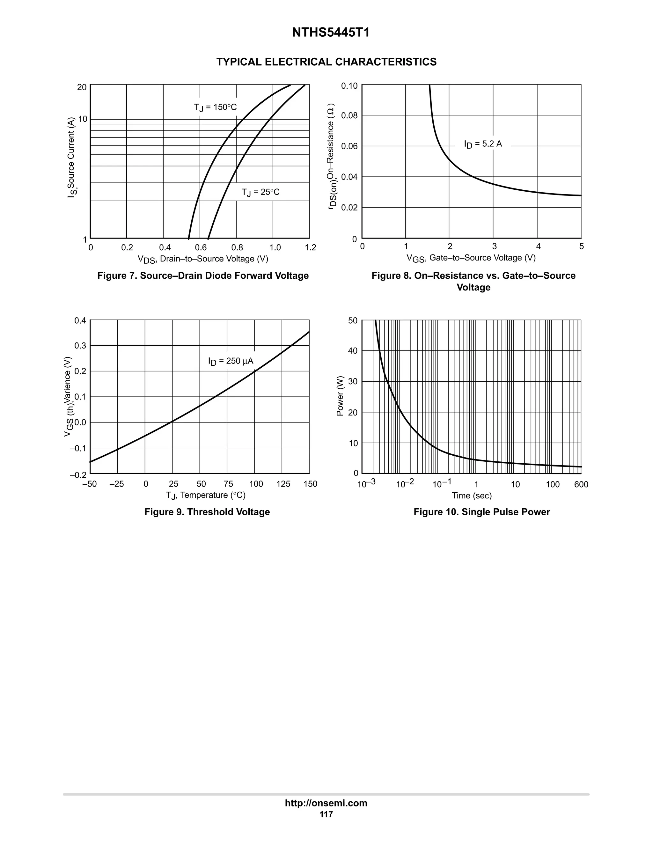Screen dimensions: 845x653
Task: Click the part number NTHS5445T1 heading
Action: click(330, 33)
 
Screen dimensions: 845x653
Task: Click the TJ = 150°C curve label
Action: click(215, 107)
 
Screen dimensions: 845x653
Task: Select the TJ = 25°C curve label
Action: click(260, 192)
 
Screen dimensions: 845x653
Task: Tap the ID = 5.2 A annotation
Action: click(483, 144)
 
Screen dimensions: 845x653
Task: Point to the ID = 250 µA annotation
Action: click(231, 361)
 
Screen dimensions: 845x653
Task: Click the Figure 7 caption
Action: click(203, 276)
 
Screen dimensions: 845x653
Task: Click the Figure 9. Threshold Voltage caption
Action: click(207, 512)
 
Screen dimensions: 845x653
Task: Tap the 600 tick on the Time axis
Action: click(581, 484)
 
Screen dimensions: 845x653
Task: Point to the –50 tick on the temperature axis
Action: click(90, 484)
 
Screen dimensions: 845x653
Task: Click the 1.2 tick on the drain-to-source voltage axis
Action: click(310, 248)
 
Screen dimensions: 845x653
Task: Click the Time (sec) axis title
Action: click(472, 496)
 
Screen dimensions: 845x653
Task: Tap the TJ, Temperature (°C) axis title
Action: click(205, 495)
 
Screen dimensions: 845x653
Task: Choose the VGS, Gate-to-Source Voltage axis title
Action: click(471, 258)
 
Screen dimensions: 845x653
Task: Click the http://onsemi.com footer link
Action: click(326, 803)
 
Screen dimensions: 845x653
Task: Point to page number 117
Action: click(326, 814)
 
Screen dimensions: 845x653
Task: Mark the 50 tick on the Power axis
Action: click(353, 320)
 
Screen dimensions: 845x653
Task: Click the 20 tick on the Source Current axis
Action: click(82, 87)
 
